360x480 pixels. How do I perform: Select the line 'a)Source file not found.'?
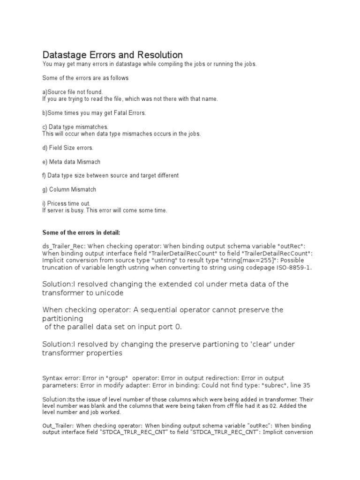click(72, 92)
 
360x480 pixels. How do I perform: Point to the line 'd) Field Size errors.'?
click(68, 148)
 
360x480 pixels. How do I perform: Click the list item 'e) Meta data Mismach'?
click(71, 162)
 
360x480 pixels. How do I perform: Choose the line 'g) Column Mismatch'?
click(69, 189)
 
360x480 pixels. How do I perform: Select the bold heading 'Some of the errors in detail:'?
click(82, 232)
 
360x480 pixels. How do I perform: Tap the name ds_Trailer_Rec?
click(64, 247)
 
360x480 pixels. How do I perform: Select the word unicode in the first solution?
click(109, 292)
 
